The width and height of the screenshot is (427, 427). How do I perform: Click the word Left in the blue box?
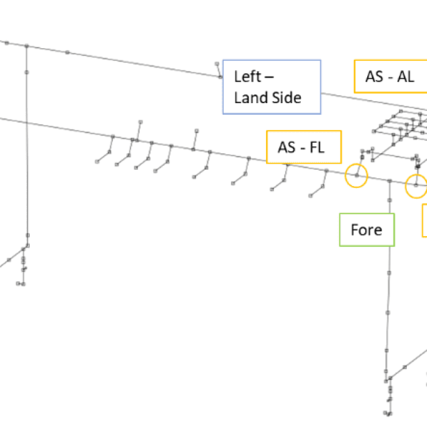point(248,77)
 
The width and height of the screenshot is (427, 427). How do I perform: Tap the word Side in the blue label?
point(287,98)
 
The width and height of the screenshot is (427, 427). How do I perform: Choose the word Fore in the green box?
point(367,230)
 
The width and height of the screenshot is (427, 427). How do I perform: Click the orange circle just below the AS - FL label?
point(357,176)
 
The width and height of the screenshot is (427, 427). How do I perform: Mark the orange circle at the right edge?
point(416,185)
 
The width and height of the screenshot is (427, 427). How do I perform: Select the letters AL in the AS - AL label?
point(406,76)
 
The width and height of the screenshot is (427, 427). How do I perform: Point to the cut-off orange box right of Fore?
point(425,220)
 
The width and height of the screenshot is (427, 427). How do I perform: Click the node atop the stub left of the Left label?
point(217,63)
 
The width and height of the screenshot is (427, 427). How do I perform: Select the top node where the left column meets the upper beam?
point(27,46)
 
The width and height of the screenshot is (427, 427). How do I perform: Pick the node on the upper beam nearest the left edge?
point(7,43)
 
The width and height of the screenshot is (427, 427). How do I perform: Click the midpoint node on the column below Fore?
point(388,312)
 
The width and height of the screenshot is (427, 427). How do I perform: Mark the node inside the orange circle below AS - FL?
point(357,176)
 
